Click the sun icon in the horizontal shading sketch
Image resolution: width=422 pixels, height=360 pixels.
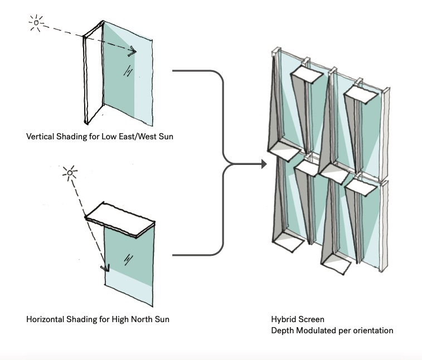click(70, 173)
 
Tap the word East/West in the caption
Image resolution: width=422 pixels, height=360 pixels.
click(139, 135)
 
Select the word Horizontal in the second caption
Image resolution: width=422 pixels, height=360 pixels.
click(45, 320)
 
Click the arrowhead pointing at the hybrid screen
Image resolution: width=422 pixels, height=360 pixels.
click(261, 164)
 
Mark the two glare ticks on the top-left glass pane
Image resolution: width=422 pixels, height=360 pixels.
click(128, 71)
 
